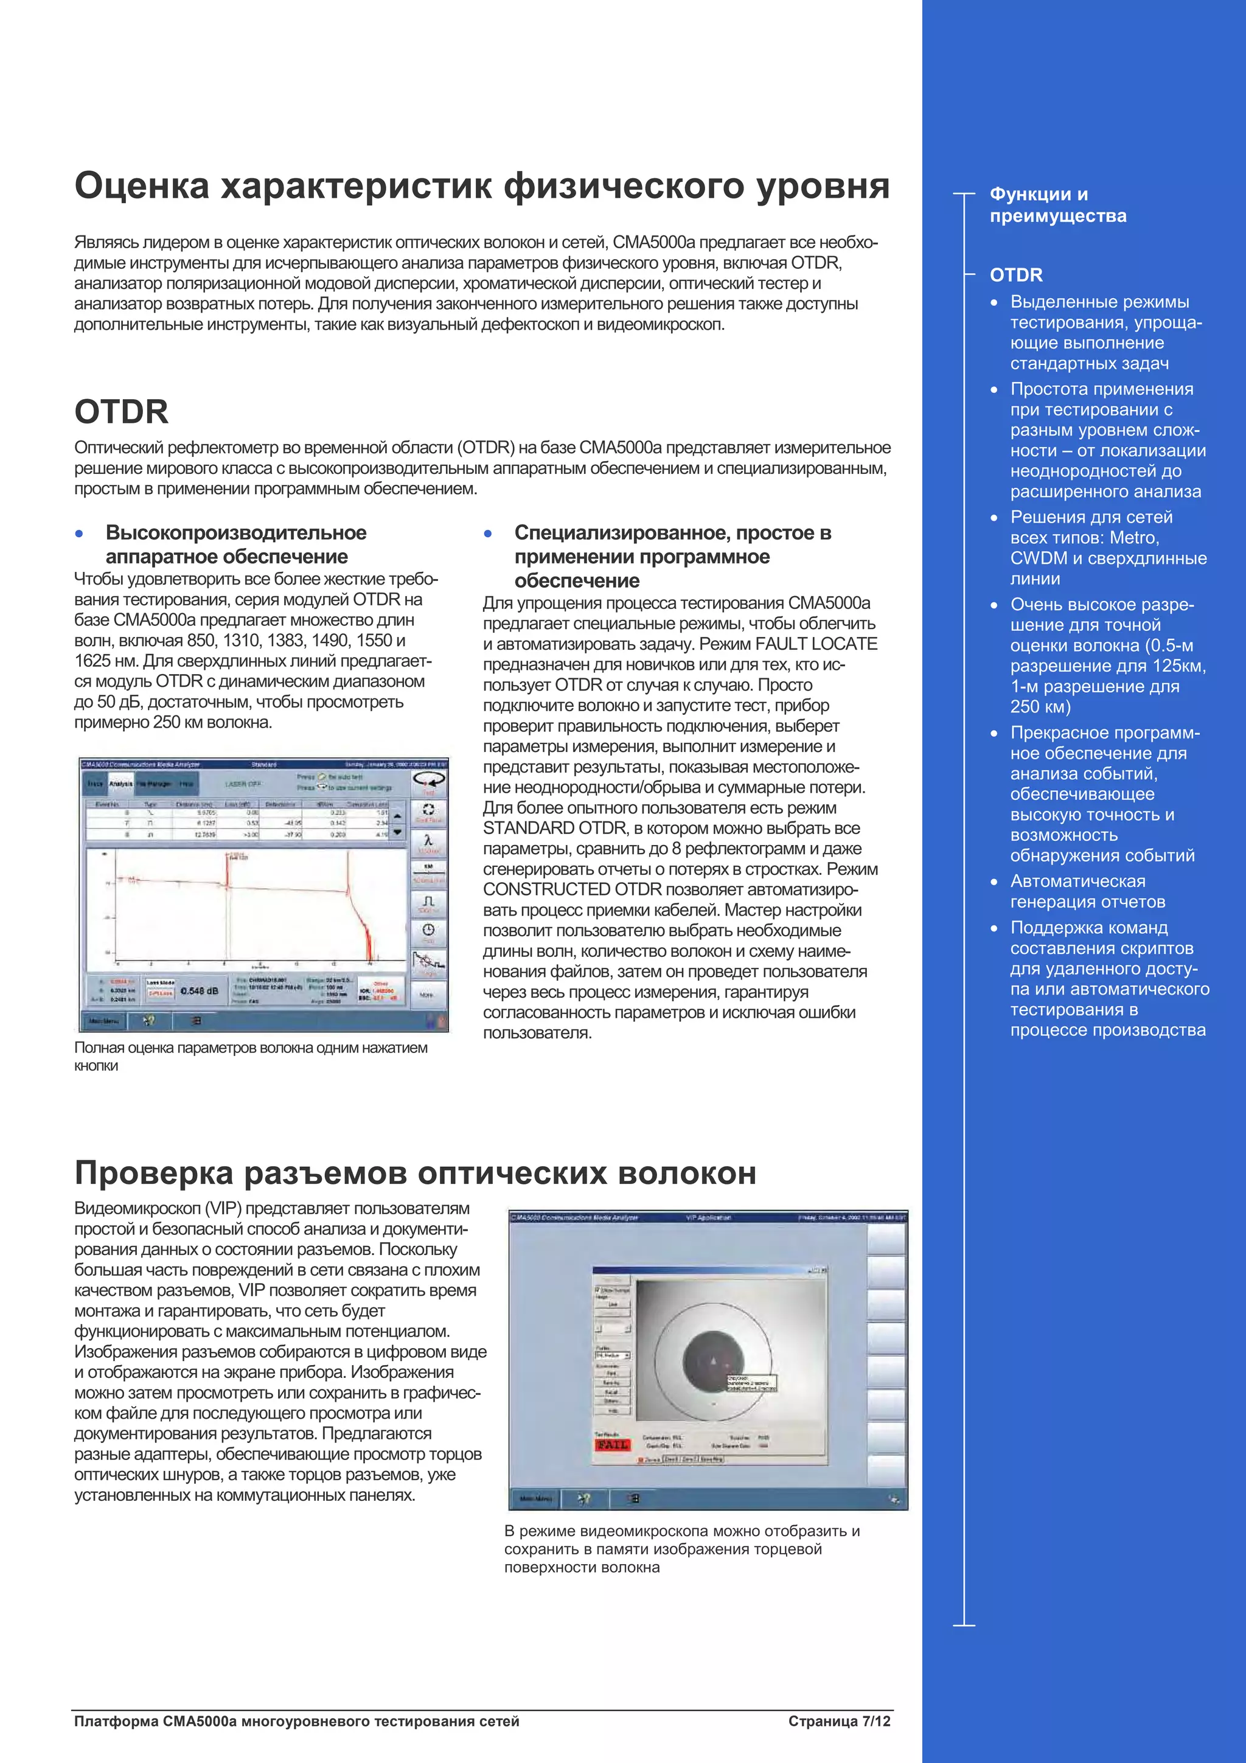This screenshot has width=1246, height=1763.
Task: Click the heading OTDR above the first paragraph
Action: pyautogui.click(x=121, y=412)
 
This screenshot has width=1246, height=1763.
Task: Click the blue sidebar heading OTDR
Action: pyautogui.click(x=1015, y=275)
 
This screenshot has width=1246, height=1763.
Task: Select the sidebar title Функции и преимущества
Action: pyautogui.click(x=1057, y=205)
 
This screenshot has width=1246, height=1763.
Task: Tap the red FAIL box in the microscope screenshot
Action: pyautogui.click(x=612, y=1445)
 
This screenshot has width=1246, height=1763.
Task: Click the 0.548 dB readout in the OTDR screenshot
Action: pyautogui.click(x=200, y=991)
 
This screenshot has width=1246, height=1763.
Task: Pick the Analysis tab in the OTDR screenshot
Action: pyautogui.click(x=120, y=784)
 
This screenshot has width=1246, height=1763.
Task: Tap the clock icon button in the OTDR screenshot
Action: pyautogui.click(x=428, y=931)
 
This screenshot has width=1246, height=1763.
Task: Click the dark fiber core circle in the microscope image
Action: pyautogui.click(x=712, y=1361)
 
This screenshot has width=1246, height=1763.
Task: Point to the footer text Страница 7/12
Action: pyautogui.click(x=839, y=1722)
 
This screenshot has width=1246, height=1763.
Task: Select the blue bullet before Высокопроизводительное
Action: pyautogui.click(x=79, y=534)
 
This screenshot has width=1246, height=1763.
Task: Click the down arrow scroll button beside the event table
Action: pyautogui.click(x=398, y=832)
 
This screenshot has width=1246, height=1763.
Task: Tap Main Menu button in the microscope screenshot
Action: pyautogui.click(x=535, y=1499)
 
